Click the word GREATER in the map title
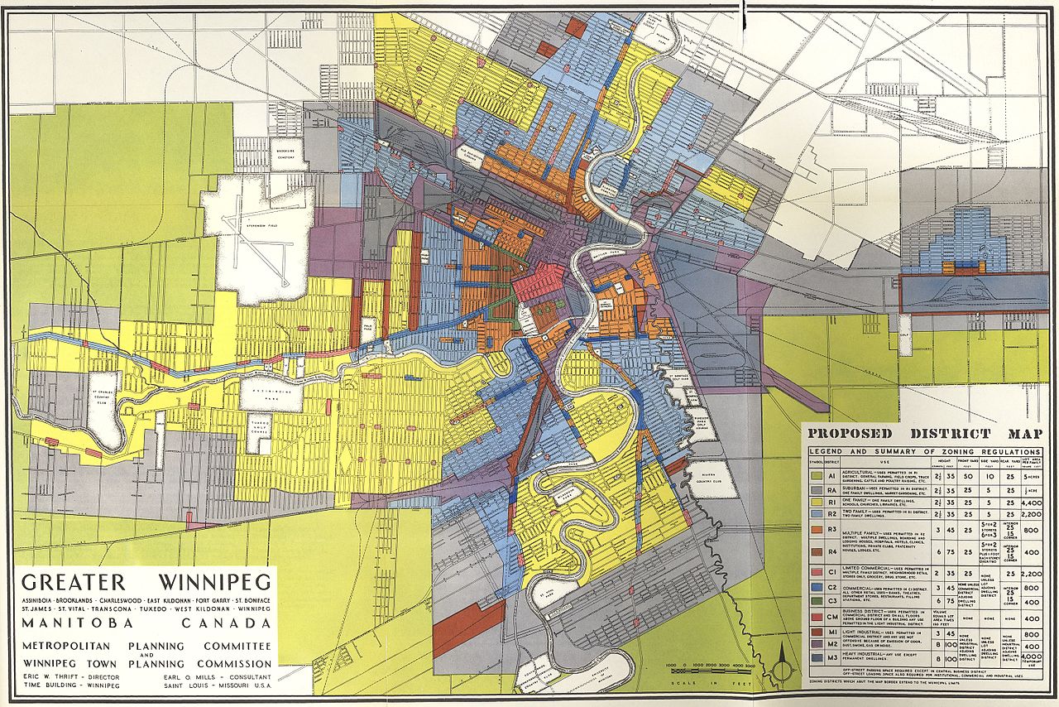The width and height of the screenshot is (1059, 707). pos(70,581)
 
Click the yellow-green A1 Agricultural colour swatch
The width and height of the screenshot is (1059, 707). pos(815,477)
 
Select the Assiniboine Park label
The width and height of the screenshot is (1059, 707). pos(271,397)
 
